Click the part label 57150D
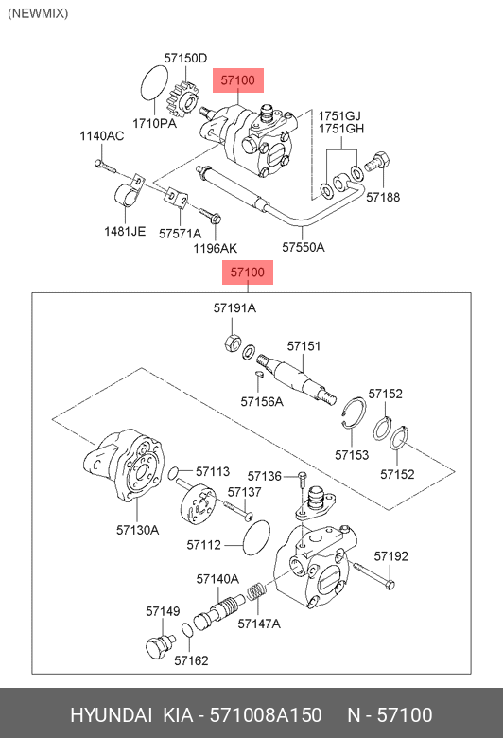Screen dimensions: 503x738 [x=185, y=58]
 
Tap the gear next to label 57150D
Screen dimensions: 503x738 [x=183, y=101]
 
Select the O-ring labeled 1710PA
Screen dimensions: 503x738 [x=154, y=83]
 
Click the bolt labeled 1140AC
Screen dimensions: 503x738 [x=104, y=166]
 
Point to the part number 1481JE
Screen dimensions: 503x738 [x=125, y=231]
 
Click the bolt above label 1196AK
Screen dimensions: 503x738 [x=210, y=216]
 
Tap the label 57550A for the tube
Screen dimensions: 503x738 [x=304, y=247]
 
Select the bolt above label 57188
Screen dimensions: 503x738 [x=377, y=163]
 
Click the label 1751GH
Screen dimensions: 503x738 [x=341, y=129]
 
